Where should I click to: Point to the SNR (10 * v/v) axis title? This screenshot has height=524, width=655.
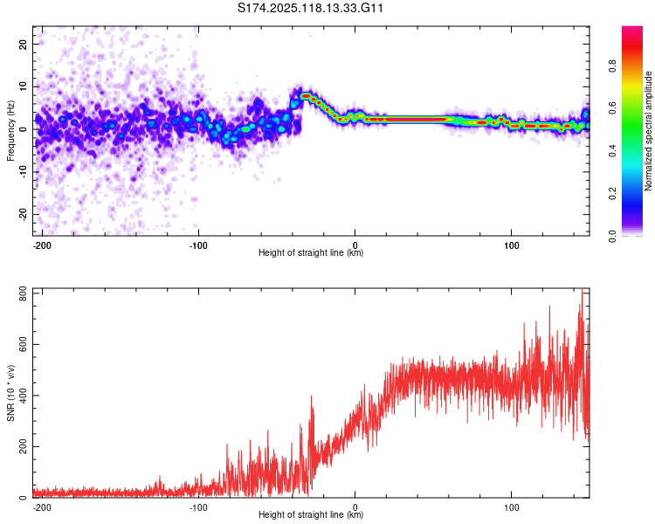click(x=10, y=393)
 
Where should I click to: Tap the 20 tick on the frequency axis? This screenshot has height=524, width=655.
click(x=24, y=43)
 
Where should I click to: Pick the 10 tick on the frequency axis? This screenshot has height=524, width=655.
click(x=24, y=86)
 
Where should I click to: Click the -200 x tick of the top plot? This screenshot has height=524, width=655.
click(x=41, y=245)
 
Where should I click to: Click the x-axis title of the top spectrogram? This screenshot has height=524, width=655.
click(x=311, y=253)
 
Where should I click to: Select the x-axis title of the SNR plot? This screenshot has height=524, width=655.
click(x=311, y=515)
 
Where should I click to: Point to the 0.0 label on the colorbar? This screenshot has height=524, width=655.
click(x=613, y=235)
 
